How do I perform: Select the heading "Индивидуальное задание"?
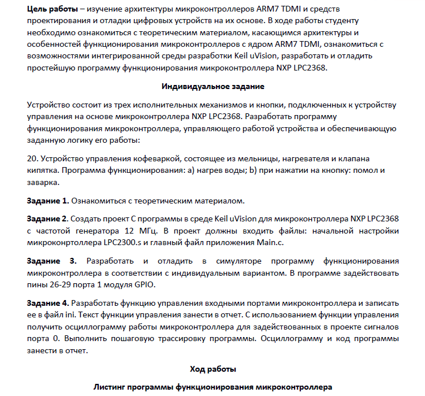[x=212, y=86]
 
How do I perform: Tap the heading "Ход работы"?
[x=212, y=368]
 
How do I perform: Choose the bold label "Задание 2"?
[x=47, y=219]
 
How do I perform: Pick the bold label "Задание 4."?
[x=48, y=302]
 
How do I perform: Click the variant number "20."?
[x=32, y=159]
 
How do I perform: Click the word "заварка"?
[x=43, y=182]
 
